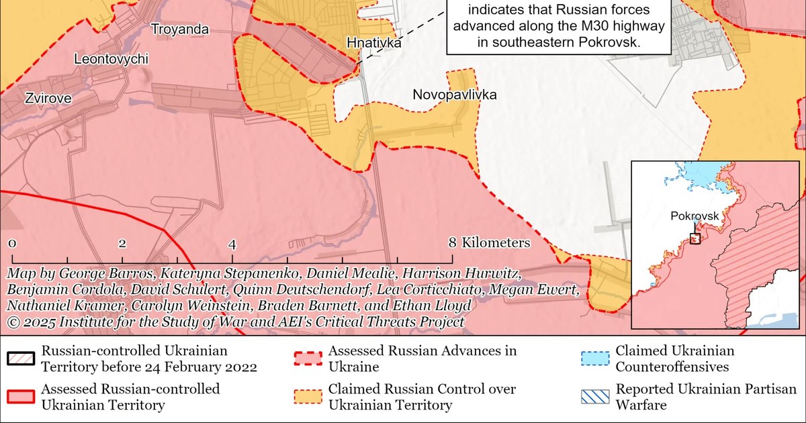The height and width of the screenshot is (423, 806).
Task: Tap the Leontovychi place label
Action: click(x=111, y=59)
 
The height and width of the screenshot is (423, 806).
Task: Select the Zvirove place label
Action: click(x=48, y=98)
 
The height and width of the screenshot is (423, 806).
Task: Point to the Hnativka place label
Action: click(x=374, y=43)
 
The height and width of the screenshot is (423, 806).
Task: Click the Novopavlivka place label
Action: click(x=455, y=95)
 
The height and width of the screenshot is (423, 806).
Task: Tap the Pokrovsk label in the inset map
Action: click(x=695, y=216)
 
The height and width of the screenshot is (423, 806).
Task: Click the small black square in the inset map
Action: click(x=696, y=238)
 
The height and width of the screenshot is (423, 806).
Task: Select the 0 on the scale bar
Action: click(x=12, y=243)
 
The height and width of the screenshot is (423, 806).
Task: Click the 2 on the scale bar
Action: click(x=122, y=243)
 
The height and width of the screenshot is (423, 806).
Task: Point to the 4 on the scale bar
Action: click(x=232, y=243)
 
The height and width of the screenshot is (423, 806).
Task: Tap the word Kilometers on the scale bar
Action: click(x=496, y=243)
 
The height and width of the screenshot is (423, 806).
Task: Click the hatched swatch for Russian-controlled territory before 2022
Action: click(x=21, y=359)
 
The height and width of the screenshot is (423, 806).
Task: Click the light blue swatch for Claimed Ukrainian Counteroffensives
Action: click(x=595, y=359)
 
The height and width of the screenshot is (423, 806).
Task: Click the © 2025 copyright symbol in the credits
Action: click(x=13, y=322)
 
